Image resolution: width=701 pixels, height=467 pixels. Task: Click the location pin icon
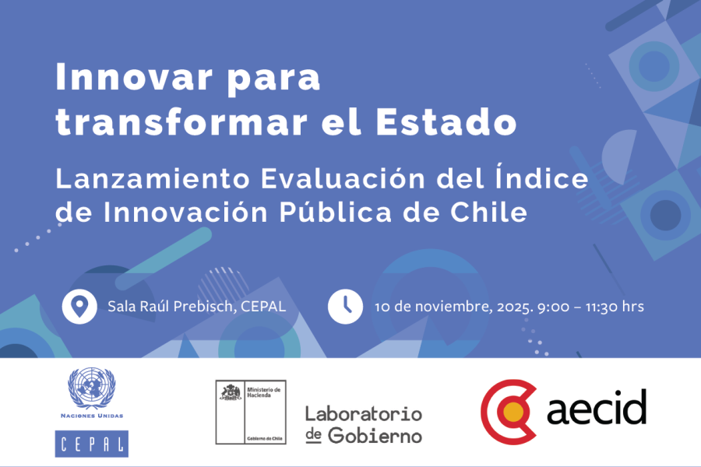(78, 306)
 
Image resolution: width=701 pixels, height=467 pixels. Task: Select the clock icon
(345, 306)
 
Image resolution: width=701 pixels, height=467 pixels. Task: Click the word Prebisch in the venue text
(206, 306)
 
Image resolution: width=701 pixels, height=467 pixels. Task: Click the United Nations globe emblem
(92, 388)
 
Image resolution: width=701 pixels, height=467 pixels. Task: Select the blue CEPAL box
(92, 443)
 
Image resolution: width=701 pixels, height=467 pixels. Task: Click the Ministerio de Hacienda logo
(251, 412)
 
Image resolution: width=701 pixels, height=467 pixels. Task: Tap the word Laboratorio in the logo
(364, 413)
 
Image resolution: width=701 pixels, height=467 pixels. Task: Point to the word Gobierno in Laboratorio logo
(375, 435)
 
